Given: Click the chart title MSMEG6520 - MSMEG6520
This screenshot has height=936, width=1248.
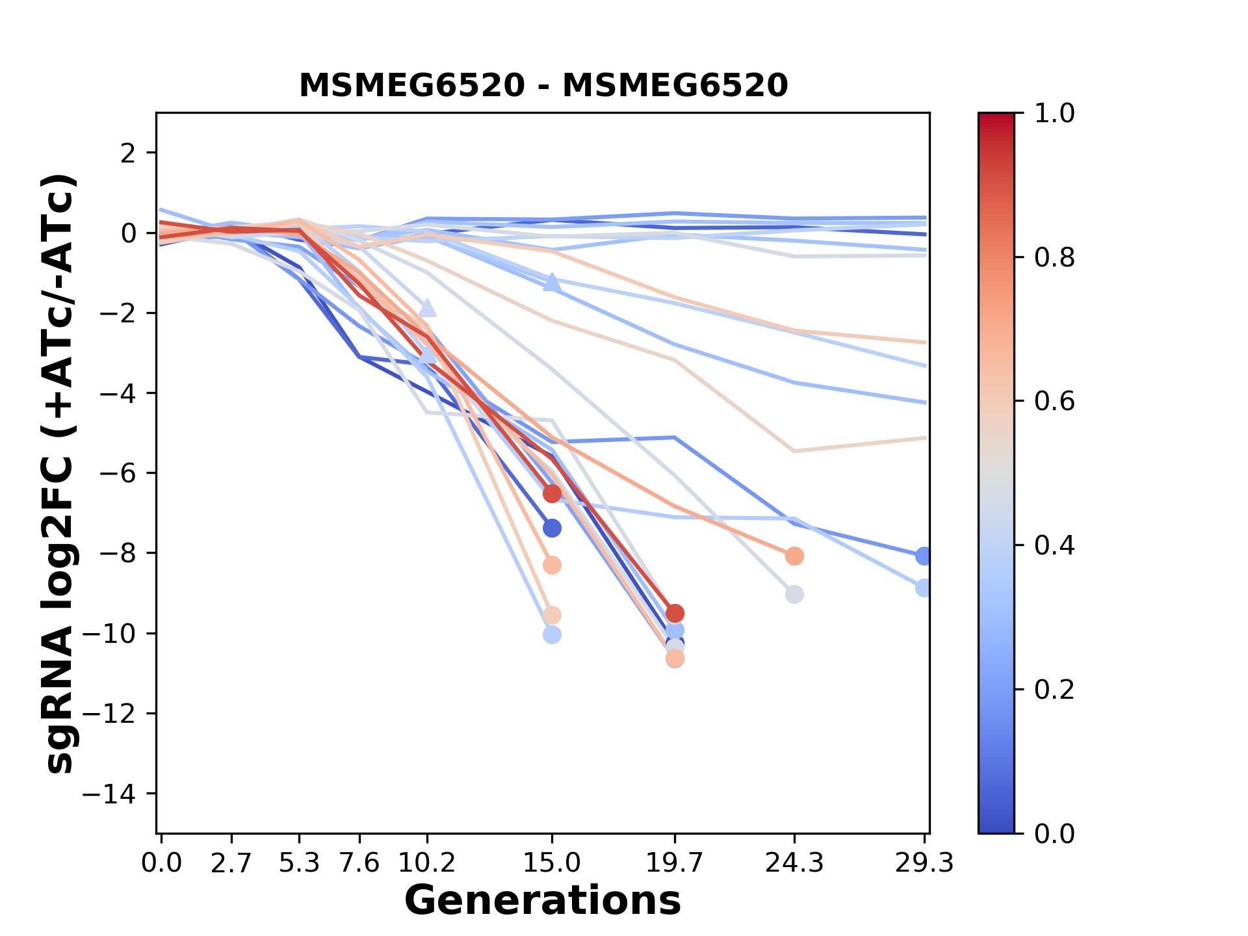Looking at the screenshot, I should [543, 86].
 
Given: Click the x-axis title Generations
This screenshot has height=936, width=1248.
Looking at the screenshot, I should [543, 901].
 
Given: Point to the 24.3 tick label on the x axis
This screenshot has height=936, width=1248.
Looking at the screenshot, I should [794, 863].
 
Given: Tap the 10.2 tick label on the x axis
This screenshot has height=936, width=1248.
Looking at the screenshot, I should [426, 863].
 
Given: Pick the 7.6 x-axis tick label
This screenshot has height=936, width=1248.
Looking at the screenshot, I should [359, 863].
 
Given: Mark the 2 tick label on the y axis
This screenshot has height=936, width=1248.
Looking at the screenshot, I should [129, 153].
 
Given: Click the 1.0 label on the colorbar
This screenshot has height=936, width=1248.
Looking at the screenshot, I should [1054, 114].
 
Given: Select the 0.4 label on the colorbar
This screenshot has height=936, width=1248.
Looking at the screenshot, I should [1054, 545].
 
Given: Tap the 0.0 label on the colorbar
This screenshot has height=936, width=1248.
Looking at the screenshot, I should [1054, 833].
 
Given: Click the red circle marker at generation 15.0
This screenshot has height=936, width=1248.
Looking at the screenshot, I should [552, 494].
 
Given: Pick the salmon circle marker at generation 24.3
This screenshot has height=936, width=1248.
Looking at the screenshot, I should [794, 556].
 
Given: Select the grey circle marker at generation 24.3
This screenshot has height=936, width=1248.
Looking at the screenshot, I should [794, 594].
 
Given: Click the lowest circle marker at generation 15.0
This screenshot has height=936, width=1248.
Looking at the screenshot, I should [552, 634].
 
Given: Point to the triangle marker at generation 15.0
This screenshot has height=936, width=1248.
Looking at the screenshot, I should [552, 283].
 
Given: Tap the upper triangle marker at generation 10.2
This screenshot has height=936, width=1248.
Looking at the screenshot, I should [427, 308].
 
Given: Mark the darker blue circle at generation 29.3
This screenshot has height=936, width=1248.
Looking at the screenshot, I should [924, 556].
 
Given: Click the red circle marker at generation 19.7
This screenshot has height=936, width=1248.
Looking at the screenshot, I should [675, 613].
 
